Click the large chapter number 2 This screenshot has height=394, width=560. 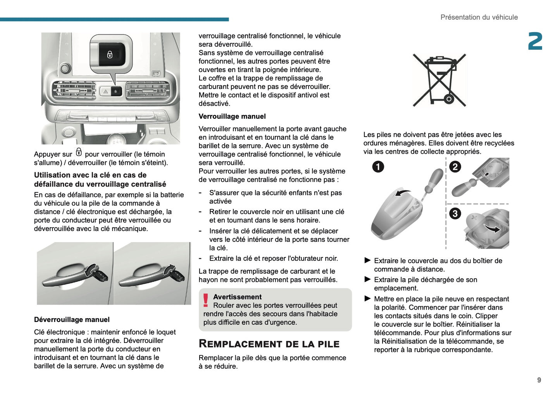(535, 41)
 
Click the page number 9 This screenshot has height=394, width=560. (539, 380)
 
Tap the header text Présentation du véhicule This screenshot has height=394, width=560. (479, 17)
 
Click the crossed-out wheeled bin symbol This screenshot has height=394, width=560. (439, 80)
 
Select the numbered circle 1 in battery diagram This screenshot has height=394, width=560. (378, 167)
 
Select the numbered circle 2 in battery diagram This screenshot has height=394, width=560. (455, 167)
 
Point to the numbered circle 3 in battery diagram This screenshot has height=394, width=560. (455, 213)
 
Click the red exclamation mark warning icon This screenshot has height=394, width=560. (205, 300)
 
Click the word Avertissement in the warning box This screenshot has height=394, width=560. (237, 297)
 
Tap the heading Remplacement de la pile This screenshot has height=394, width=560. (269, 344)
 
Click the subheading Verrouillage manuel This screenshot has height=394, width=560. (232, 116)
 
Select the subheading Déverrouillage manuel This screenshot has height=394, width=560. (72, 320)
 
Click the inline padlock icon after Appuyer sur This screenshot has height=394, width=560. (79, 152)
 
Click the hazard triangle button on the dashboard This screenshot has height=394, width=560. (105, 92)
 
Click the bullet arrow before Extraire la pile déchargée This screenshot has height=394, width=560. (367, 279)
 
